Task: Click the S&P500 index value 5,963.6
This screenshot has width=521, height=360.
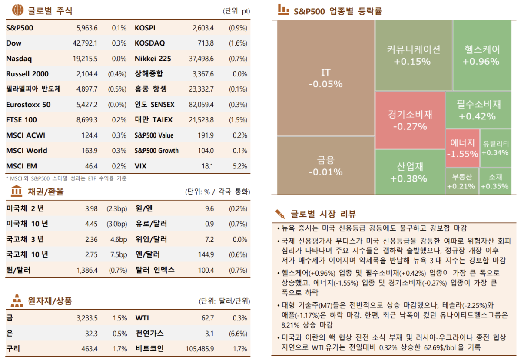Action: coord(87,28)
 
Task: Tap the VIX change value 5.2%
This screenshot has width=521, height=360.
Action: coord(239,166)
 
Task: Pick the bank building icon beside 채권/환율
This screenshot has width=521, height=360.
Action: coord(17,191)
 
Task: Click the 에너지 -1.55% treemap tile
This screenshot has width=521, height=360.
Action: coord(462,148)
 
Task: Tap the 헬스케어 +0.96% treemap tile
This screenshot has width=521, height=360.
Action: coord(481,55)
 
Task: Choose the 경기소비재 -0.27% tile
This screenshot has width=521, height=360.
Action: coord(410,120)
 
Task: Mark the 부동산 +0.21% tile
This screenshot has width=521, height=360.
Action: coord(461,181)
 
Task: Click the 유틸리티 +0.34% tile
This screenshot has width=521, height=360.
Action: coord(495,148)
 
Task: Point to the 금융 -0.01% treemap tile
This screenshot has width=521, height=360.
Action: coord(325,166)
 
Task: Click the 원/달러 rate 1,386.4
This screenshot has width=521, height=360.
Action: coord(87,270)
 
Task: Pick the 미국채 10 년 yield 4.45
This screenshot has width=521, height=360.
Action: coord(91,224)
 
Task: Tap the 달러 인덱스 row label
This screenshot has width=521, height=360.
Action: coord(155,270)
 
